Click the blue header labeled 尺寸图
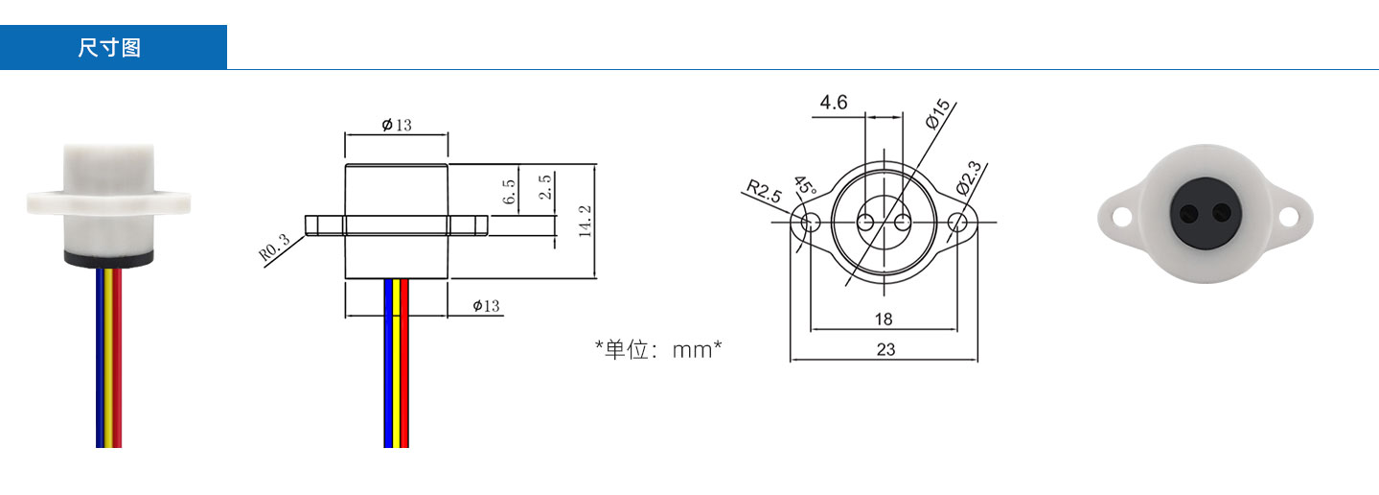click(113, 48)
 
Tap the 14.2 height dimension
click(586, 222)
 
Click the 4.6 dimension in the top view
click(833, 103)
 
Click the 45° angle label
click(804, 185)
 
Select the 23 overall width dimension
click(885, 350)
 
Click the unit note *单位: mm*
click(657, 349)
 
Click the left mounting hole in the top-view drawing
click(811, 223)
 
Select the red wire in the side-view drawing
click(404, 365)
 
